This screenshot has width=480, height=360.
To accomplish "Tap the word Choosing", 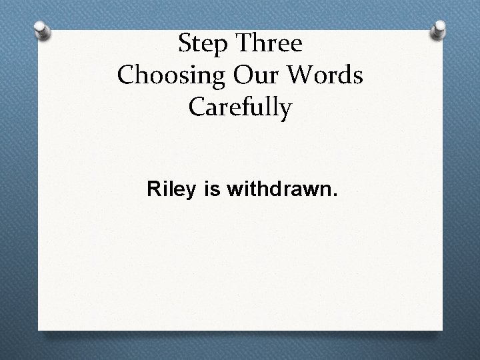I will [x=169, y=76].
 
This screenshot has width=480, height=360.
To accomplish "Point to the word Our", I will [x=251, y=75].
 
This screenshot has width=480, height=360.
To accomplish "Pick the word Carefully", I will [x=241, y=108].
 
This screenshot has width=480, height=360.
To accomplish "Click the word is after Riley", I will [x=213, y=191].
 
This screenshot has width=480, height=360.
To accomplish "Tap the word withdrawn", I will [x=279, y=191].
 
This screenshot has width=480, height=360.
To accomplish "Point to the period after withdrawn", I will [x=335, y=197].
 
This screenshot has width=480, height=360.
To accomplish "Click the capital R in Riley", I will [x=153, y=191].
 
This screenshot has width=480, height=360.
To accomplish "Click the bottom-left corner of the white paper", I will [x=38, y=329].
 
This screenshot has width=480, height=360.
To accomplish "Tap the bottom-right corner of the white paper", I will [x=443, y=329].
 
